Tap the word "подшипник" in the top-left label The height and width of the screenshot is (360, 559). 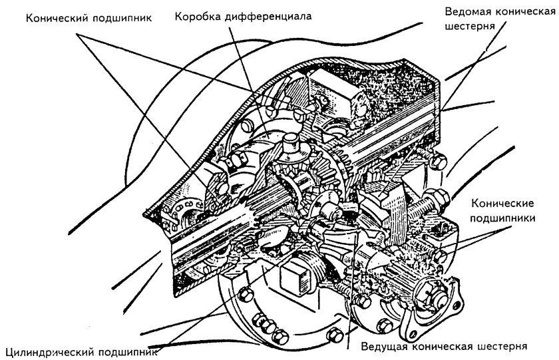[119, 17]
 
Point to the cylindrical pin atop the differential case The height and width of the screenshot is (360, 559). [291, 142]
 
